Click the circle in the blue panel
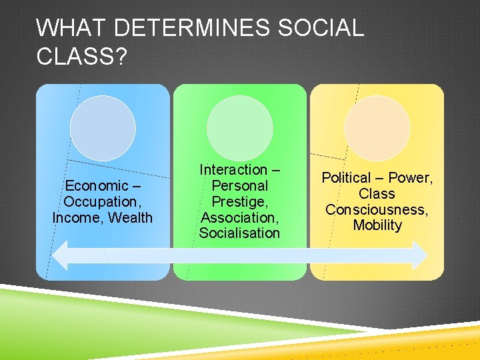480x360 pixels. tap(103, 128)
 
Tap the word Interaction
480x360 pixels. tap(233, 170)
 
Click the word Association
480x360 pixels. tap(239, 217)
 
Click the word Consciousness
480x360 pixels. tap(377, 209)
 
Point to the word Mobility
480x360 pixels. tap(377, 225)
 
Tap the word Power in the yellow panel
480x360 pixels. tap(410, 178)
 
